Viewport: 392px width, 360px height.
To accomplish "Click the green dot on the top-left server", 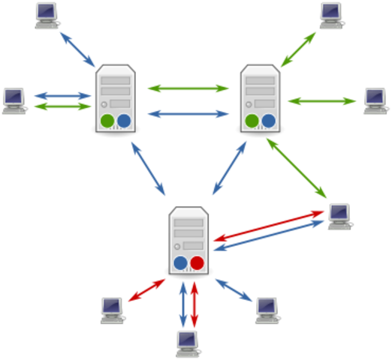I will (x=107, y=120).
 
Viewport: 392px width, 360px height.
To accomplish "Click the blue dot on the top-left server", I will (x=124, y=120).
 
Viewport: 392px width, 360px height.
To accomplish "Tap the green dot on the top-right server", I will (x=252, y=121).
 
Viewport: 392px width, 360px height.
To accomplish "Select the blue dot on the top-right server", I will (x=268, y=121).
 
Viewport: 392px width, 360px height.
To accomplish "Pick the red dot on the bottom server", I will (x=197, y=262).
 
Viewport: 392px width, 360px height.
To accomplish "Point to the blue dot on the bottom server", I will (x=180, y=262).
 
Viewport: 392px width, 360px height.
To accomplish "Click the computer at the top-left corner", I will (x=47, y=15).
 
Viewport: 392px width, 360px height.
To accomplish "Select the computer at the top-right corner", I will (x=331, y=13).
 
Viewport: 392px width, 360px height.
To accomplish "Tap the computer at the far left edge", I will (x=14, y=100).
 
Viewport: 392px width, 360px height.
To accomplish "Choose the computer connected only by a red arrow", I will (x=112, y=308).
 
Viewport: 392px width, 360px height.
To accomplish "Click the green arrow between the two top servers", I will (x=188, y=88).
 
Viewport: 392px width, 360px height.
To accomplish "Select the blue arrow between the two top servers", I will (x=188, y=115).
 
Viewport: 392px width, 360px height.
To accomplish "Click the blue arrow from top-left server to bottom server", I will (x=148, y=167).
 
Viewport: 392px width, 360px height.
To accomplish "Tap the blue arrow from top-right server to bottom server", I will (x=230, y=167).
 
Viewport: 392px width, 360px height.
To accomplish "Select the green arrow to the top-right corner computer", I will (x=299, y=49).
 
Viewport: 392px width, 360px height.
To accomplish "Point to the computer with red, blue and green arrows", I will (x=339, y=215).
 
